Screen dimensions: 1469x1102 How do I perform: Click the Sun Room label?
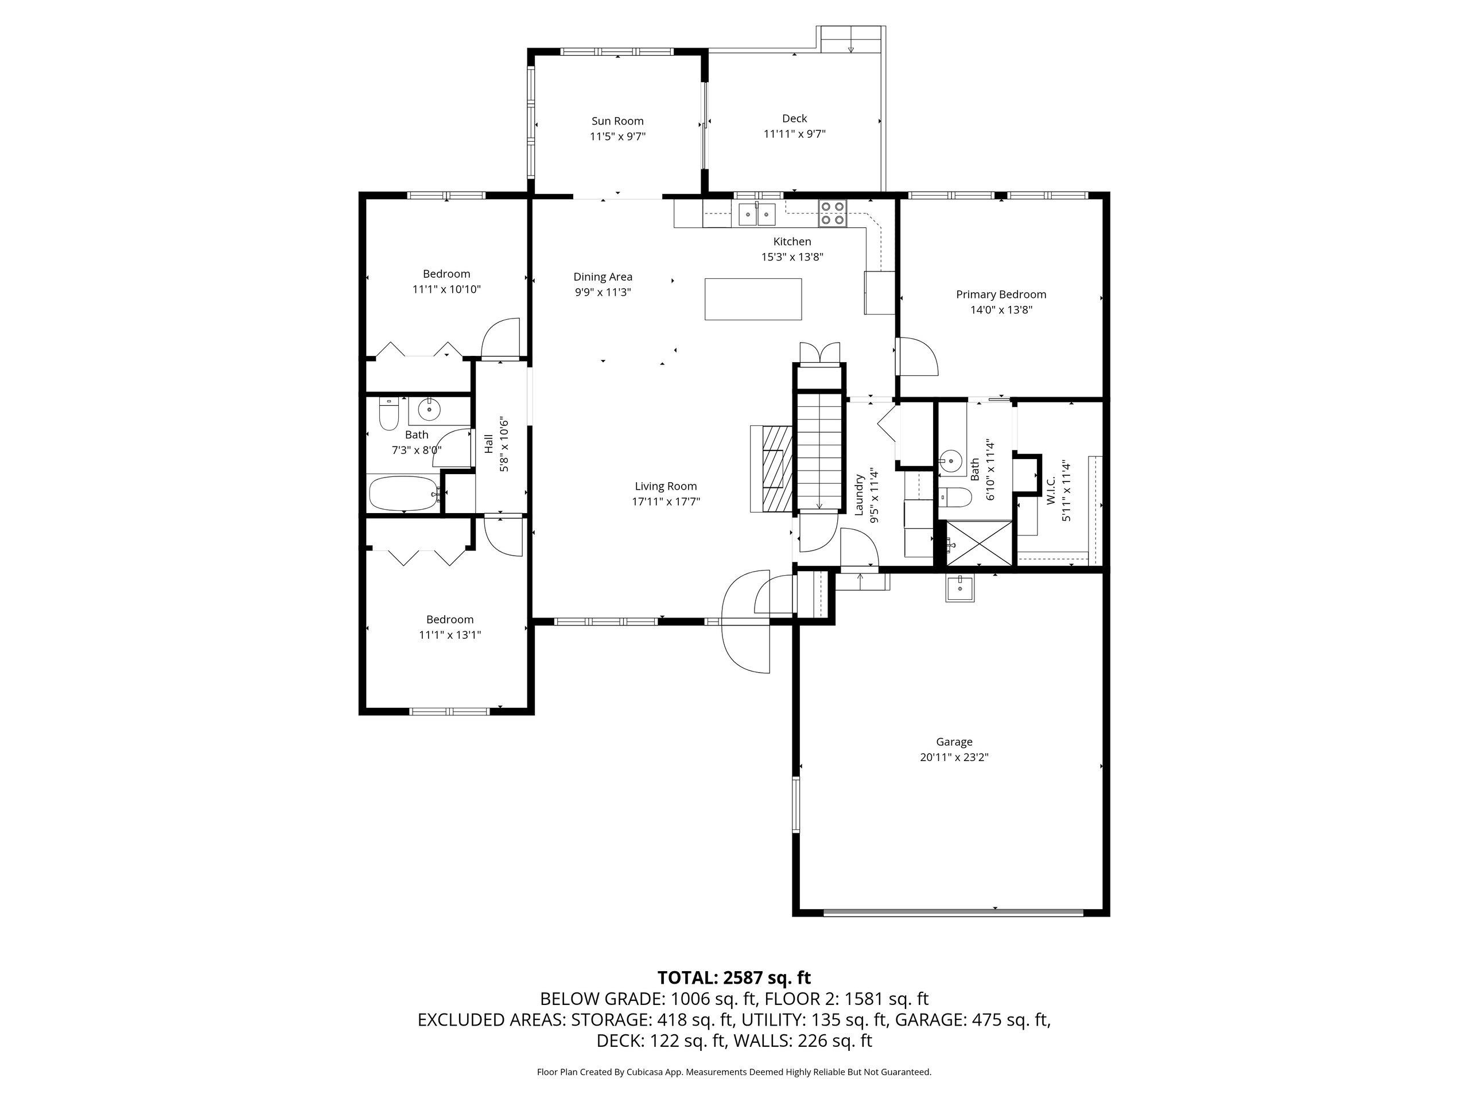coord(617,121)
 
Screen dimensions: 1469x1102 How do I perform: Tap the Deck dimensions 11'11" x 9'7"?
coord(794,134)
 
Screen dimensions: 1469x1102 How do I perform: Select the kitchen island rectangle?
coord(753,299)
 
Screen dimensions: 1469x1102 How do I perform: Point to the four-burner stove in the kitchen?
coord(833,212)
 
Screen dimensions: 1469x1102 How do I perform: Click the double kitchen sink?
coord(757,214)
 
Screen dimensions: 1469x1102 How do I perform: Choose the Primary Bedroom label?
coord(1001,294)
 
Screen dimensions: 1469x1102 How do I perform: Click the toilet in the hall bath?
coord(388,413)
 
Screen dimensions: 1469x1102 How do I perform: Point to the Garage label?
coord(954,742)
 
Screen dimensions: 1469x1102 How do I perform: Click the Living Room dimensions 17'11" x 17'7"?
coord(666,502)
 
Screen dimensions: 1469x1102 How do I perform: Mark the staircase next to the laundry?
coord(819,452)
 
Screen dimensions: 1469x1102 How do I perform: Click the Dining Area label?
coord(603,277)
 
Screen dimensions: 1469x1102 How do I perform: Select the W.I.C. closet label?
coord(1051,490)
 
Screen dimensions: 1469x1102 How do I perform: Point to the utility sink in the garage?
coord(960,588)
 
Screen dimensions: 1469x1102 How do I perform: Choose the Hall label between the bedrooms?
coord(489,444)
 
